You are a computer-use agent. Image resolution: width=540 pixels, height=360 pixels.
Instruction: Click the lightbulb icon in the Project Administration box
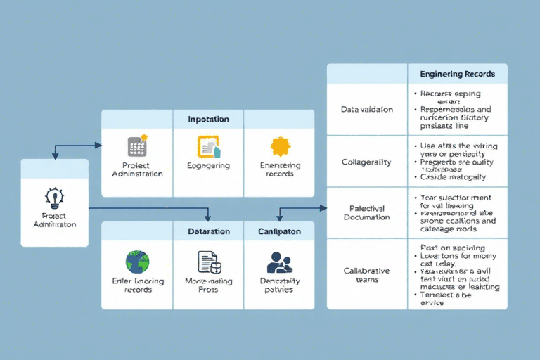[54, 195]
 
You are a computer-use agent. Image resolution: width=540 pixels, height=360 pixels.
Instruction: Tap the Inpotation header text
[208, 119]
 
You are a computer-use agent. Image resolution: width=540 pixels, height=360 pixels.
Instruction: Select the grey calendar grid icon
[137, 146]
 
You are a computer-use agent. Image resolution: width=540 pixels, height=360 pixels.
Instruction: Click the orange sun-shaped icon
[280, 146]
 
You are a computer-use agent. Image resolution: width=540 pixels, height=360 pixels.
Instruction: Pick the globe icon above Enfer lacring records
[137, 262]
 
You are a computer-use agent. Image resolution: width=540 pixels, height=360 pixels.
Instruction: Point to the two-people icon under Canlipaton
[280, 263]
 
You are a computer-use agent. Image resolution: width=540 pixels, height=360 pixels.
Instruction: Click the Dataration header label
[208, 231]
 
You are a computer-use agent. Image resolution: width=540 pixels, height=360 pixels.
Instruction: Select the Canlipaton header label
[279, 231]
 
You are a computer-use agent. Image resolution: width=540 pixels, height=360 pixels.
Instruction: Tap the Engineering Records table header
[457, 74]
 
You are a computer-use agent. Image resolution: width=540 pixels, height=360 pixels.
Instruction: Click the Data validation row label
[367, 110]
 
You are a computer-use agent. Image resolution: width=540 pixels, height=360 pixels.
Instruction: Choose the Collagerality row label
[367, 162]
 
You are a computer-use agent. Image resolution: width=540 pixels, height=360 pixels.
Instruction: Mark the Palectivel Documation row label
[367, 213]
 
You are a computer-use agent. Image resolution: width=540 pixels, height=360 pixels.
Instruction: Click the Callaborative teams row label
[367, 275]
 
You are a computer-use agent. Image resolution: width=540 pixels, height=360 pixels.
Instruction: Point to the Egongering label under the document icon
[208, 166]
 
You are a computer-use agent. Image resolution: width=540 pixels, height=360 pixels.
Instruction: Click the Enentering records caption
[280, 169]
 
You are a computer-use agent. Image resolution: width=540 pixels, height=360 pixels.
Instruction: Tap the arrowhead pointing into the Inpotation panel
[98, 146]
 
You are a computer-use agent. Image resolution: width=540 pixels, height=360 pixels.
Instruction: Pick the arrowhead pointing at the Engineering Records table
[323, 208]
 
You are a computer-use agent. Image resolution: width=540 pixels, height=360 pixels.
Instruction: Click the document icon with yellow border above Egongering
[209, 146]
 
